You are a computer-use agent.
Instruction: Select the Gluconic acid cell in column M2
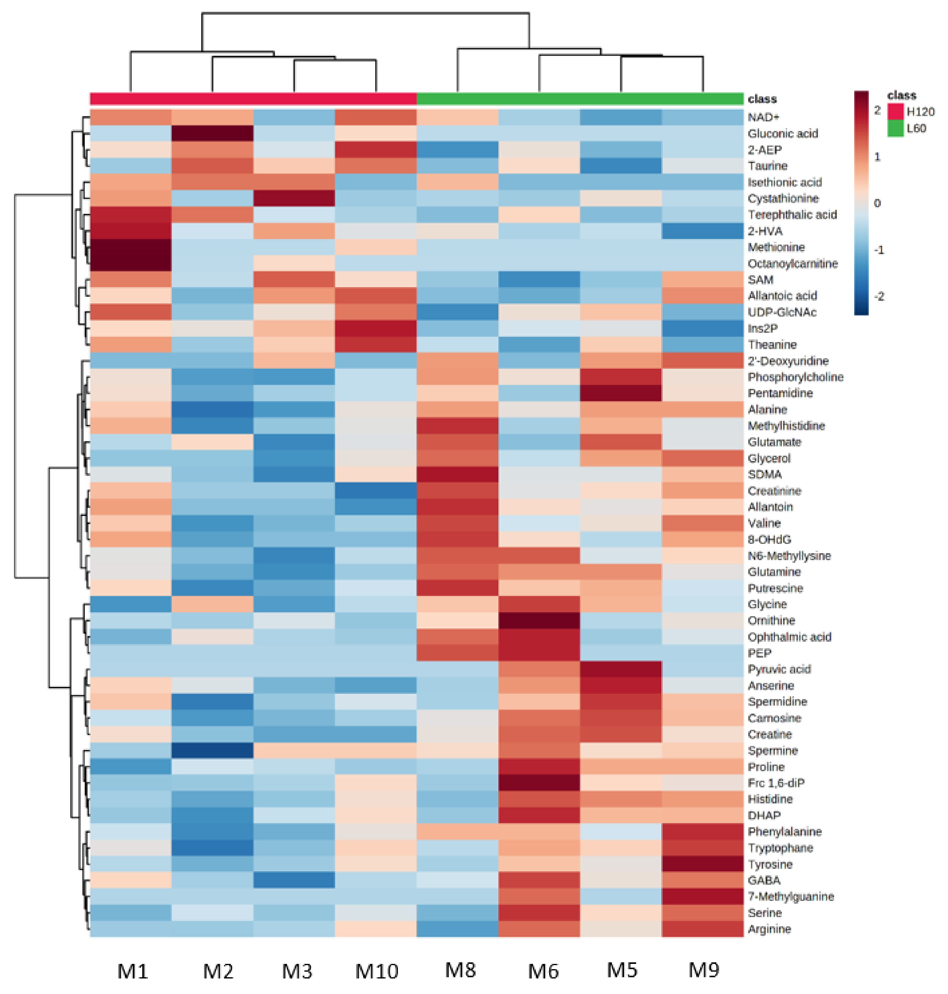click(212, 133)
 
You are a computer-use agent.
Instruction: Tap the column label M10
click(376, 971)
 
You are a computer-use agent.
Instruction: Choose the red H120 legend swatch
click(895, 112)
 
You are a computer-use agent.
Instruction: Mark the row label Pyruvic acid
click(779, 669)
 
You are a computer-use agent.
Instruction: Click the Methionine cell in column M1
click(130, 247)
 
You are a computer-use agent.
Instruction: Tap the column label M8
click(460, 970)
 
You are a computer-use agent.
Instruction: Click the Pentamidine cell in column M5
click(621, 393)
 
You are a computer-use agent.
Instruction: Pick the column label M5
click(622, 970)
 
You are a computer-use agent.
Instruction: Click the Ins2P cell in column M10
click(376, 328)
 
